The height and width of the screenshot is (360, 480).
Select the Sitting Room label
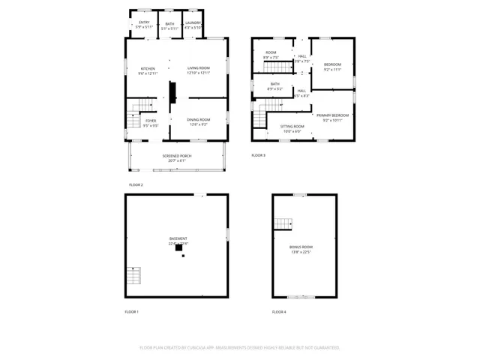click(x=292, y=127)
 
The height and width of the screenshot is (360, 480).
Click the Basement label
click(x=178, y=241)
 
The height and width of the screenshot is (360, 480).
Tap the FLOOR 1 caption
click(x=132, y=311)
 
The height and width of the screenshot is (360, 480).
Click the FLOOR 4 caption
click(x=279, y=311)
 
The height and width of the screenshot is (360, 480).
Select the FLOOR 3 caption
click(x=258, y=155)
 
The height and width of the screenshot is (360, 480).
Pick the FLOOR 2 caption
click(x=136, y=184)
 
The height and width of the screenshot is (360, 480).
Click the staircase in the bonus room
click(x=283, y=223)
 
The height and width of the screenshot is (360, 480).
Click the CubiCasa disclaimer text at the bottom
click(x=240, y=348)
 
